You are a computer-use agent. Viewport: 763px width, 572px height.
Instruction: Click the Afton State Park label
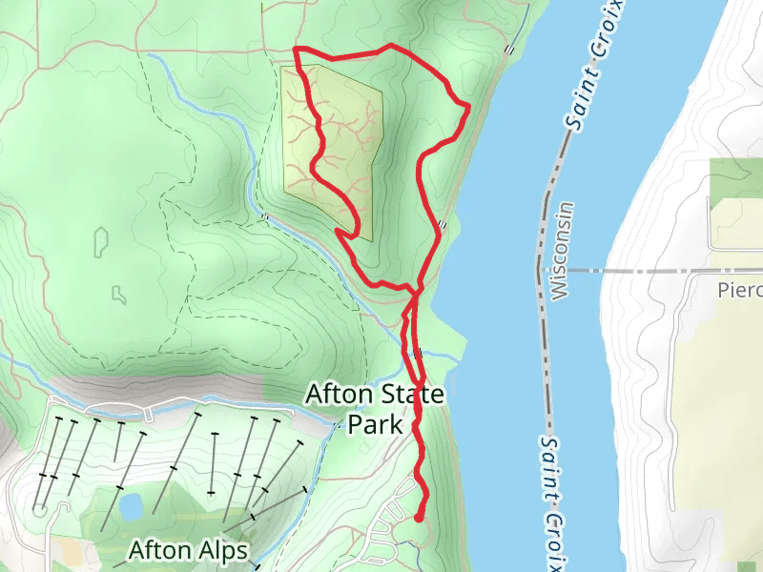(x=375, y=408)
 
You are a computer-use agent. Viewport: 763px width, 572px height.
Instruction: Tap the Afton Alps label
(x=188, y=550)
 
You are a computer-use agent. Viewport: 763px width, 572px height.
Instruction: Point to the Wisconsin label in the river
(x=562, y=250)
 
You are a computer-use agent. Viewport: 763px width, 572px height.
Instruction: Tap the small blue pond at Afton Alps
(x=131, y=506)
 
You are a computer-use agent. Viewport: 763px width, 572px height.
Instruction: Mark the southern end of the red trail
(x=419, y=518)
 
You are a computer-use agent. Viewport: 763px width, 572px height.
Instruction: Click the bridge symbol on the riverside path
(x=443, y=225)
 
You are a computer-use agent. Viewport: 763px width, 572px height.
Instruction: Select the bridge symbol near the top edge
(x=510, y=50)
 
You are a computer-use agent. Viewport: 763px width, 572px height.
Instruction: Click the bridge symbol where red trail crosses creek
(x=419, y=353)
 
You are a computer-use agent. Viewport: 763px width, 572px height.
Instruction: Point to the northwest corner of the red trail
(x=296, y=48)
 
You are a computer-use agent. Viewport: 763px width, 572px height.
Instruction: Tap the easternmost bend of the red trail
(x=468, y=108)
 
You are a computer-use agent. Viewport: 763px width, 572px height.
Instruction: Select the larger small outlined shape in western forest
(x=101, y=241)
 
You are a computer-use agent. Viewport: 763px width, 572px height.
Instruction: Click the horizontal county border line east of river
(x=658, y=271)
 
